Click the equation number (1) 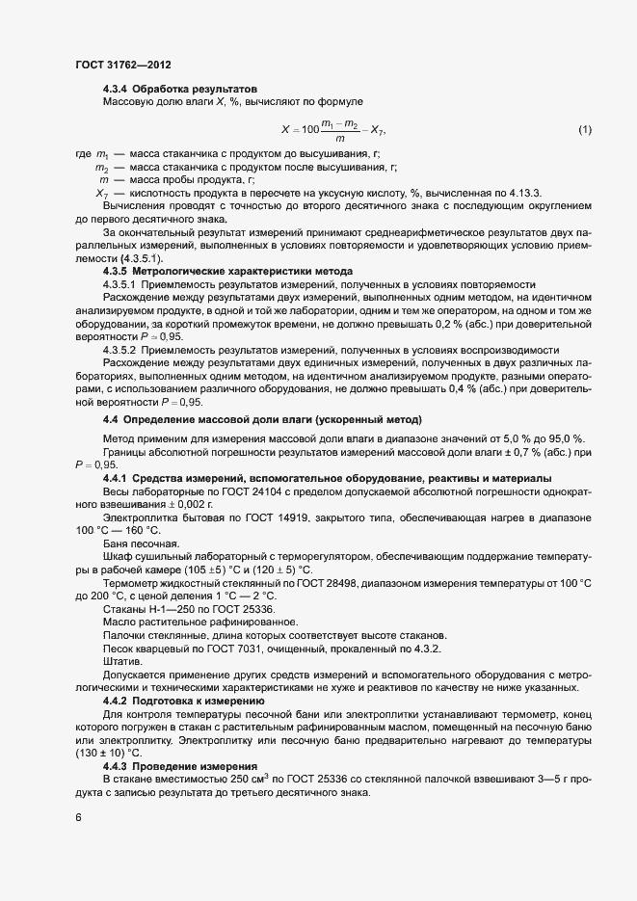click(584, 129)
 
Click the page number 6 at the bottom click(78, 817)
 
